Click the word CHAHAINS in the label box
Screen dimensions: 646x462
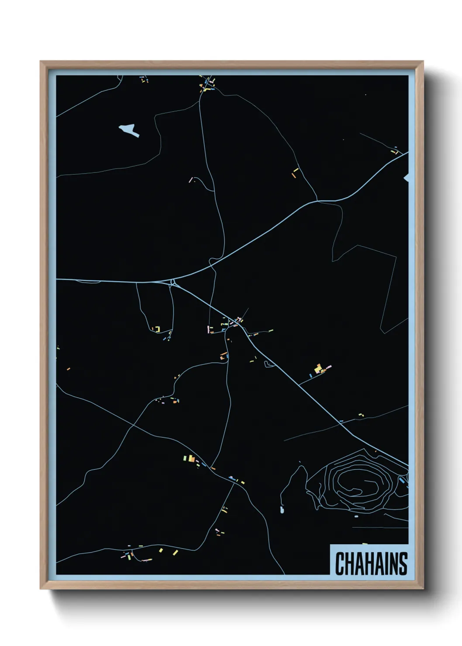[371, 564]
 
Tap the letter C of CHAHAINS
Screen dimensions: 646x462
[340, 564]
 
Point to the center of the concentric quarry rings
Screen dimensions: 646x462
[360, 485]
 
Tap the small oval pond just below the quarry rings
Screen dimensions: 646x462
[356, 516]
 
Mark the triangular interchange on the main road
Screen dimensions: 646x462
[173, 282]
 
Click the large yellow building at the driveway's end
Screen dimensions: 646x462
[318, 368]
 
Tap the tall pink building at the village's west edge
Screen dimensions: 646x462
[208, 329]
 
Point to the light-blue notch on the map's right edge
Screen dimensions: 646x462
[407, 177]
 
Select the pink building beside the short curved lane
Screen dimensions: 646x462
[190, 179]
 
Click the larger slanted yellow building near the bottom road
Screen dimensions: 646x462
[175, 552]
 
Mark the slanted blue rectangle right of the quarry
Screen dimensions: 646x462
[402, 481]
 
